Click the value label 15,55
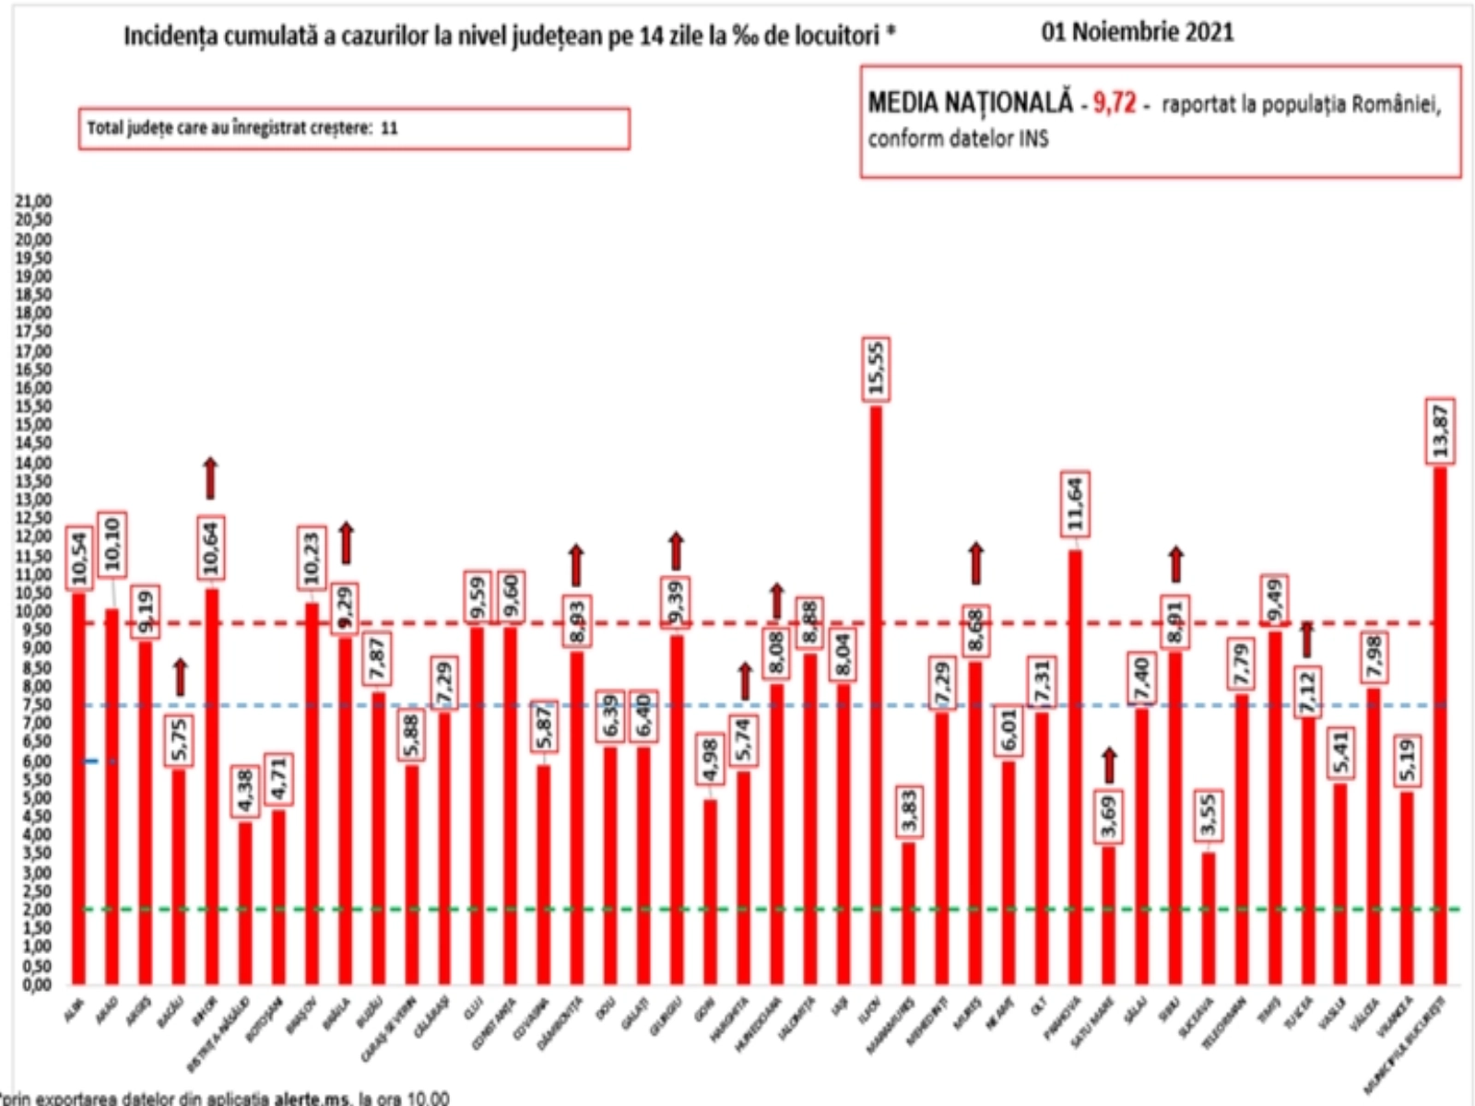tap(876, 369)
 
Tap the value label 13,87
tap(1440, 430)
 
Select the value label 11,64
tap(1075, 504)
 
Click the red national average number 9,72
tap(1114, 102)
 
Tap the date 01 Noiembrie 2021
tap(1137, 32)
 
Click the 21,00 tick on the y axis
tap(34, 201)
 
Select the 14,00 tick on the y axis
tap(34, 462)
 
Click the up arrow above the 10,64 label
tap(210, 477)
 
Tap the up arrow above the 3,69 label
tap(1108, 765)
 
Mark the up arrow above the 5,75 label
tap(180, 677)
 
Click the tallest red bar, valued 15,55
tap(876, 691)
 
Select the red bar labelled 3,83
tap(909, 912)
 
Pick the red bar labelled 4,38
tap(244, 903)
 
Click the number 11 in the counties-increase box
tap(389, 128)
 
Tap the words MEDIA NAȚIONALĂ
tap(970, 102)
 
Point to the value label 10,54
tap(79, 559)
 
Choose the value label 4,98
tap(709, 760)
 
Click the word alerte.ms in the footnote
tap(313, 1098)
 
